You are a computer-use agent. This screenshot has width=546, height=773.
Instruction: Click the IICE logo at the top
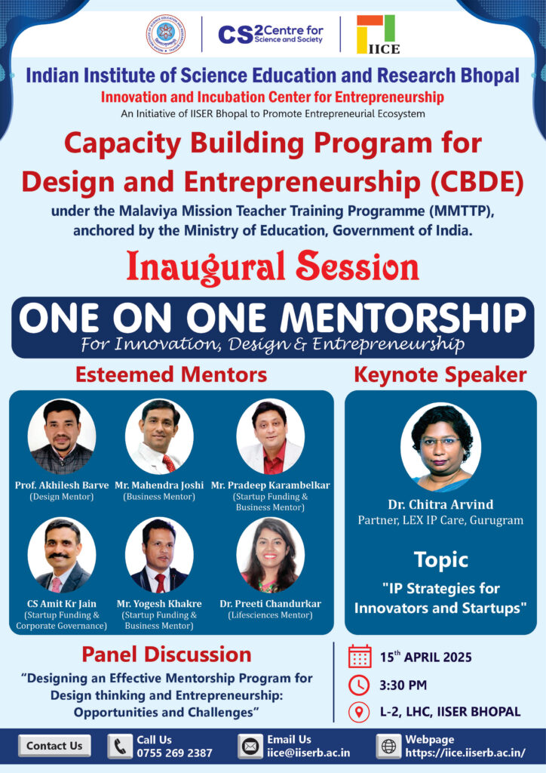378,34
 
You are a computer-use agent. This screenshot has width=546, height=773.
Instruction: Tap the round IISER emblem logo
166,34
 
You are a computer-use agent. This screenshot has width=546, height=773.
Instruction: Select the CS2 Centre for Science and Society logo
270,34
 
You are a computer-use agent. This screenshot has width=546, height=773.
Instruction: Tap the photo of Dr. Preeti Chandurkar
270,555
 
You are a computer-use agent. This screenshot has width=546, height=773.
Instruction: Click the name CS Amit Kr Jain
62,603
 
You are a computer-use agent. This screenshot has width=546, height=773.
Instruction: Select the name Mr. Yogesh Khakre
159,603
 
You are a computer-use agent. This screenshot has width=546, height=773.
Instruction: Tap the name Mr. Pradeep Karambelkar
270,485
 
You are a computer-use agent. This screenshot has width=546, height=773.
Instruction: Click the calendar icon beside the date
360,656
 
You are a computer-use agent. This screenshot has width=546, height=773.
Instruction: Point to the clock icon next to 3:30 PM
359,685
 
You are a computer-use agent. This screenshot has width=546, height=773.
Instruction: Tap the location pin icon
359,713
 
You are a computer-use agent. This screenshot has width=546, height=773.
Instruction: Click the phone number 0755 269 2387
174,753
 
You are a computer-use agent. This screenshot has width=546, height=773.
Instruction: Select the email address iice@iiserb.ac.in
308,753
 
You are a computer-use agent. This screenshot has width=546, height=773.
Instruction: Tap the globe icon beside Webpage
389,747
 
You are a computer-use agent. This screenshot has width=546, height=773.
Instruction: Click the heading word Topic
440,559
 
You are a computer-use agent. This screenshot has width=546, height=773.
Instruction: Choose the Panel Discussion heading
167,654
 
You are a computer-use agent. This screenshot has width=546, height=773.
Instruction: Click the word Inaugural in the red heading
206,267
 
